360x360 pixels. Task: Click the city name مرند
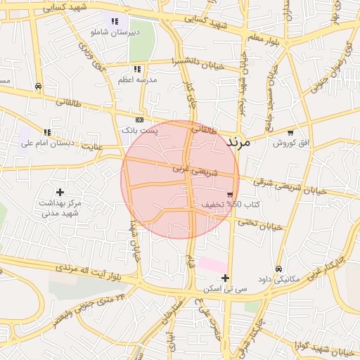pyautogui.click(x=238, y=141)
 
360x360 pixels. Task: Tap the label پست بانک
pyautogui.click(x=140, y=131)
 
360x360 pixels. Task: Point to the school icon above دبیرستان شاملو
pyautogui.click(x=115, y=22)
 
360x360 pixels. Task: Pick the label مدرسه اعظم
pyautogui.click(x=137, y=80)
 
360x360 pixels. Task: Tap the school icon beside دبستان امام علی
pyautogui.click(x=47, y=131)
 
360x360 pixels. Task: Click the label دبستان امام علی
pyautogui.click(x=47, y=143)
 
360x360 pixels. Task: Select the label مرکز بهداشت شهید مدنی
pyautogui.click(x=60, y=207)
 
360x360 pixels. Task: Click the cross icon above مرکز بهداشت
pyautogui.click(x=60, y=191)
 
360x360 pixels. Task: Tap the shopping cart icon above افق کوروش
pyautogui.click(x=290, y=132)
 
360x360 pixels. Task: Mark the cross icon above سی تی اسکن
pyautogui.click(x=225, y=278)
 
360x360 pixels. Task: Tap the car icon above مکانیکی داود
pyautogui.click(x=278, y=269)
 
